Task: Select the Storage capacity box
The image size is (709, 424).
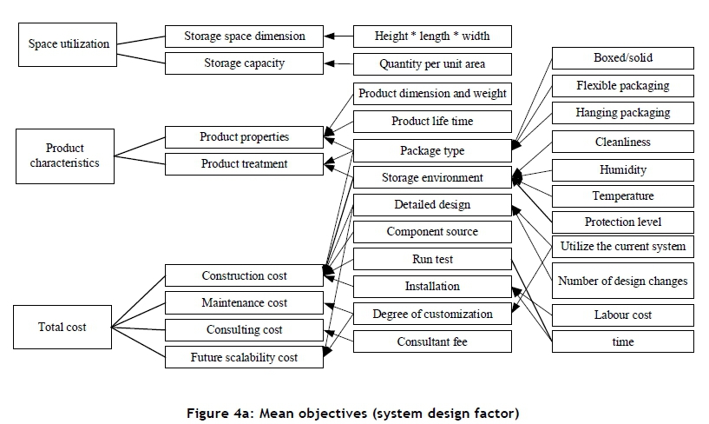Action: (x=244, y=63)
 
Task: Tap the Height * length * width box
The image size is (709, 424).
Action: (x=432, y=36)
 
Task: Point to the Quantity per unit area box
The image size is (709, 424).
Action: (x=432, y=64)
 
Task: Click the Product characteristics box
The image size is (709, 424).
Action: (x=65, y=156)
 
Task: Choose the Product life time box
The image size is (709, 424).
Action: (x=432, y=122)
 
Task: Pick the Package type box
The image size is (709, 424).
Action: (x=432, y=150)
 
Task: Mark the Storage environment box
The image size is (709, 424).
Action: (x=432, y=178)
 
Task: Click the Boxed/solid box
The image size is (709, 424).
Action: (x=622, y=58)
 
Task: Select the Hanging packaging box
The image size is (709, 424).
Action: (x=622, y=113)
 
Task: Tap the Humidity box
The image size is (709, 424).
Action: (x=622, y=170)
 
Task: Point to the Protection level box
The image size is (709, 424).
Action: (x=622, y=222)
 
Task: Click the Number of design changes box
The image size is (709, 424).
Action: (x=622, y=281)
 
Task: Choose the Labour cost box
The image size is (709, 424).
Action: (x=622, y=315)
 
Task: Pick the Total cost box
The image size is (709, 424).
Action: (x=62, y=328)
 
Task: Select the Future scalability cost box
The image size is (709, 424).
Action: (x=244, y=357)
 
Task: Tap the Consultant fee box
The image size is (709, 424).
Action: (x=432, y=341)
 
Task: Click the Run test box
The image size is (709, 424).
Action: (x=432, y=259)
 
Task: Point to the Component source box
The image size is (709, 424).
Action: (x=432, y=232)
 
